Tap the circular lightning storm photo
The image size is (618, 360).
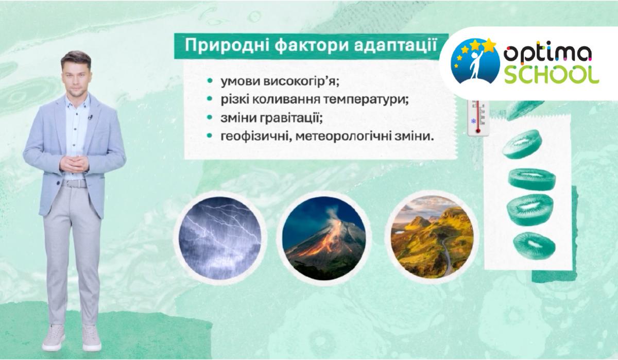click(x=220, y=238)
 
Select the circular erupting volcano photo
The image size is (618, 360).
click(x=324, y=238)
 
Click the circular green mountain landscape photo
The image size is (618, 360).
click(x=432, y=238)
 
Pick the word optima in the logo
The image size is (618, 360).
click(x=547, y=54)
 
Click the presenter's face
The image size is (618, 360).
click(x=76, y=78)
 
